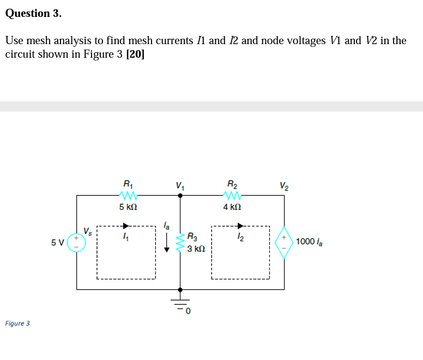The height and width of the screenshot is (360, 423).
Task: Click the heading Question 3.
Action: (33, 14)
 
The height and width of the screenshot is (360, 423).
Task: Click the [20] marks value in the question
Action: (135, 54)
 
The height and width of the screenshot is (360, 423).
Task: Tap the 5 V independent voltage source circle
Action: (76, 242)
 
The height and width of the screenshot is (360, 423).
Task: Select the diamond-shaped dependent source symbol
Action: (283, 242)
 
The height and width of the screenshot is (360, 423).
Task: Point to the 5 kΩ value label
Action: (128, 208)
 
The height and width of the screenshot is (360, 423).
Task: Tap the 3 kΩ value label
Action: (196, 249)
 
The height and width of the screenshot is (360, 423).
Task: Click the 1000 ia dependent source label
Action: (309, 242)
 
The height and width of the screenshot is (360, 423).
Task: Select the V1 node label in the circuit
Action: (180, 184)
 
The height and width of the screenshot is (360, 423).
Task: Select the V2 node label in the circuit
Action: (285, 184)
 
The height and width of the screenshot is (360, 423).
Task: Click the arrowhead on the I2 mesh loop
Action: (240, 226)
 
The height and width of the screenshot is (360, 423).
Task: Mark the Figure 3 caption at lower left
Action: (17, 324)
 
